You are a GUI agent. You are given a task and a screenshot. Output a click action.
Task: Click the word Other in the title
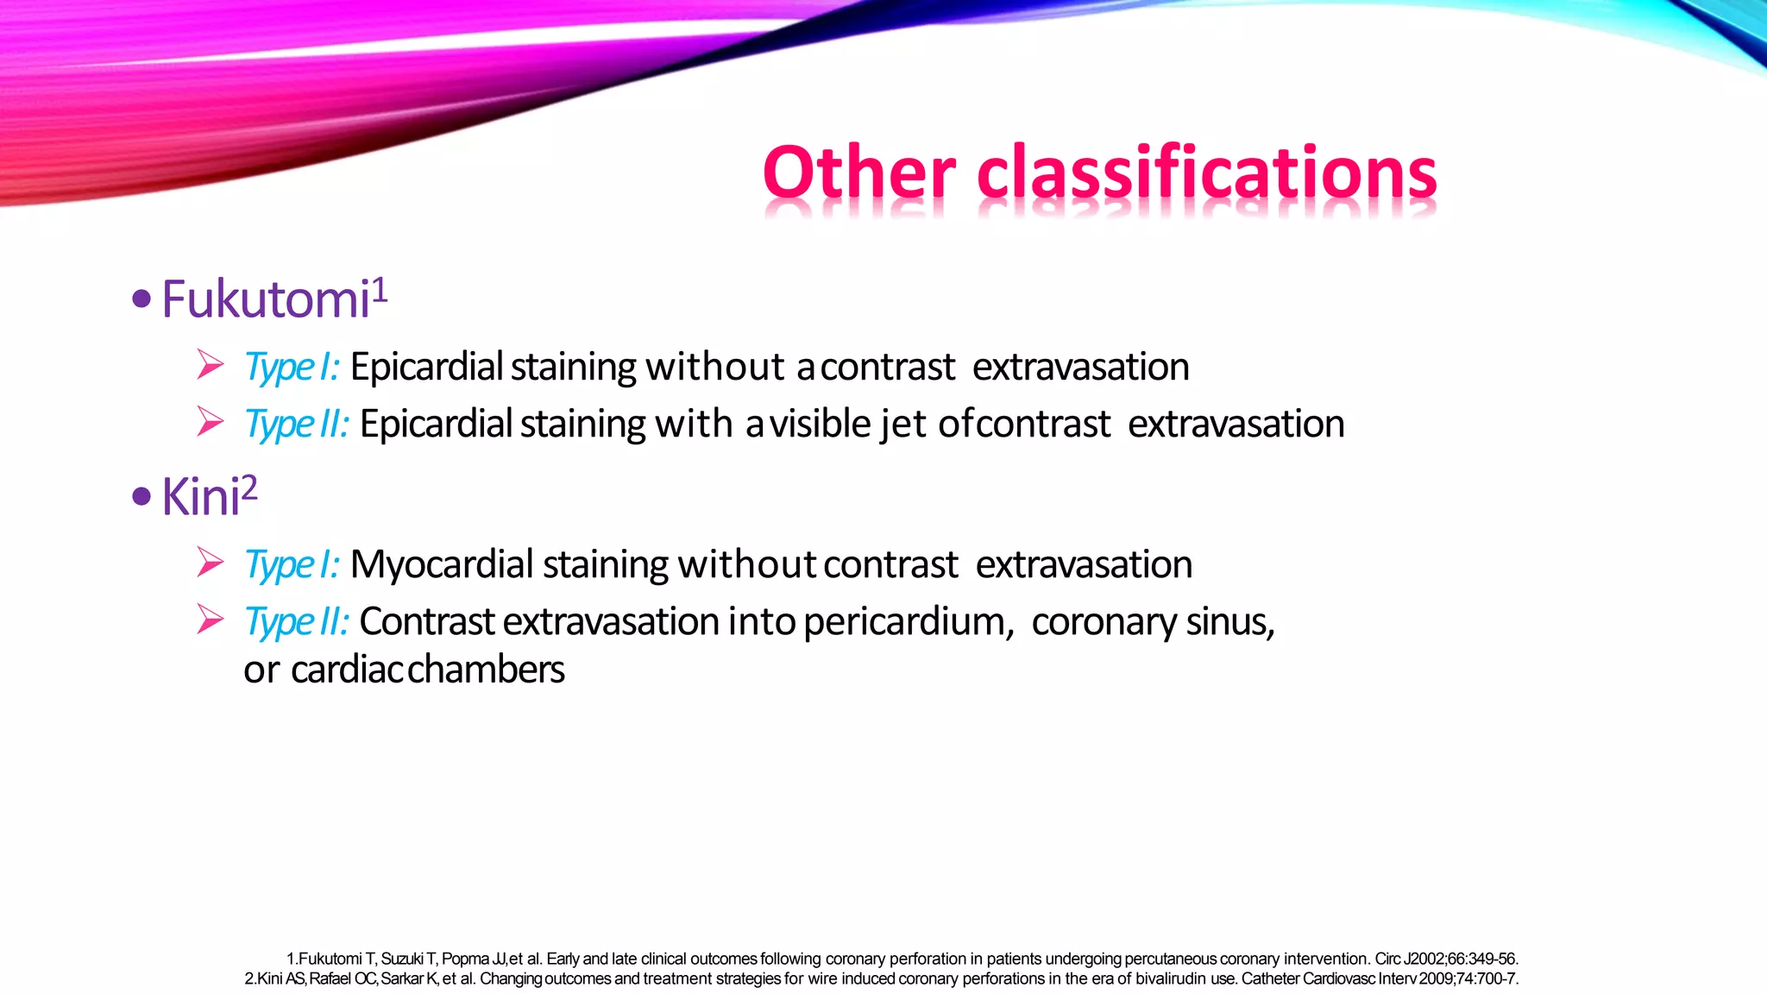pyautogui.click(x=858, y=173)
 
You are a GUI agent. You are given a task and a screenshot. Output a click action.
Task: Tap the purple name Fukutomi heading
pyautogui.click(x=266, y=300)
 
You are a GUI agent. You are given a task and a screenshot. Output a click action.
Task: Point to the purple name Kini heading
pyautogui.click(x=200, y=498)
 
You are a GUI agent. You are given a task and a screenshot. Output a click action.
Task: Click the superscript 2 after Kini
pyautogui.click(x=248, y=489)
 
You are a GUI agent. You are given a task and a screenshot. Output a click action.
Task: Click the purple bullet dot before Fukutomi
pyautogui.click(x=141, y=300)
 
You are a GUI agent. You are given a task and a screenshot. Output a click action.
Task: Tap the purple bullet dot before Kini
pyautogui.click(x=141, y=497)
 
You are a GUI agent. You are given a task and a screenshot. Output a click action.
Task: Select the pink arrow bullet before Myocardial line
pyautogui.click(x=210, y=563)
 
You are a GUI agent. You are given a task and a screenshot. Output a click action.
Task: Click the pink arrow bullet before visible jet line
pyautogui.click(x=210, y=421)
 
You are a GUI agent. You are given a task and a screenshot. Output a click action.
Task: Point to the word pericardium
pyautogui.click(x=908, y=622)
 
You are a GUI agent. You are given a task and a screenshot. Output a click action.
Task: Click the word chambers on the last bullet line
pyautogui.click(x=486, y=670)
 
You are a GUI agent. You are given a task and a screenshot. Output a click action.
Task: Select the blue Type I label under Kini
pyautogui.click(x=291, y=565)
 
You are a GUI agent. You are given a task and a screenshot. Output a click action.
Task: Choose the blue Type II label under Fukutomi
pyautogui.click(x=296, y=425)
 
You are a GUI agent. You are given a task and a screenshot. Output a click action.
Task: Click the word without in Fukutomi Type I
pyautogui.click(x=714, y=368)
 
